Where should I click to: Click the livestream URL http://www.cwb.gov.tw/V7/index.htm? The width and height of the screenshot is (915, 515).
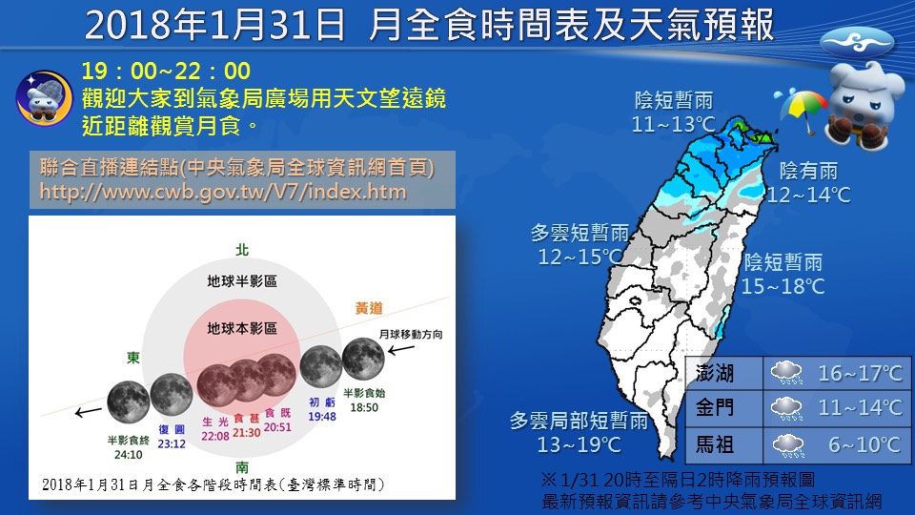tap(223, 192)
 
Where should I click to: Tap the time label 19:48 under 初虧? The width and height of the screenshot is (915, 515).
tap(322, 417)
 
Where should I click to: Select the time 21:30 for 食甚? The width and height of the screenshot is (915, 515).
tap(246, 433)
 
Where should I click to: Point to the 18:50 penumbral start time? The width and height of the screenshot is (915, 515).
tap(364, 407)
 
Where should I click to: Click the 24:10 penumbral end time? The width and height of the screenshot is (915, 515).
tap(129, 454)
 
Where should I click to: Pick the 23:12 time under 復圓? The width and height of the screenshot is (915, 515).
tap(172, 443)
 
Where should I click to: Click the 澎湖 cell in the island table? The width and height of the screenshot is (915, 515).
tap(714, 373)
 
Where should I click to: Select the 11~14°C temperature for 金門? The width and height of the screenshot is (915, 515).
tap(860, 407)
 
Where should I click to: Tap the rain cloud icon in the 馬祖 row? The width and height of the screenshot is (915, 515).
tap(788, 445)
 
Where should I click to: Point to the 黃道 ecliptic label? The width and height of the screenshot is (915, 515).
tap(369, 308)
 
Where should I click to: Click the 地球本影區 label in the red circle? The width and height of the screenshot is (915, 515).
tap(241, 329)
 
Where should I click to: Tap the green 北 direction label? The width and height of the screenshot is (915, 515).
tap(242, 250)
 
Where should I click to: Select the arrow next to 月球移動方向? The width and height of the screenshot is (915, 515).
tap(401, 350)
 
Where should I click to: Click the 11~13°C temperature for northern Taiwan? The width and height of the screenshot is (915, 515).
tap(674, 124)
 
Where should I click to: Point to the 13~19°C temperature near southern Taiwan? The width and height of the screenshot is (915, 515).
tap(579, 445)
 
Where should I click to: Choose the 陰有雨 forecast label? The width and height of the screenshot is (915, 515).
tap(809, 171)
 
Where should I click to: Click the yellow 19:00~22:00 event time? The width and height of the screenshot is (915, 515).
tap(166, 72)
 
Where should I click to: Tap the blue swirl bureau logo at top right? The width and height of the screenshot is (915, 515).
tap(857, 43)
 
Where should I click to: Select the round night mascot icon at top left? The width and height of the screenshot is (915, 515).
tap(44, 98)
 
